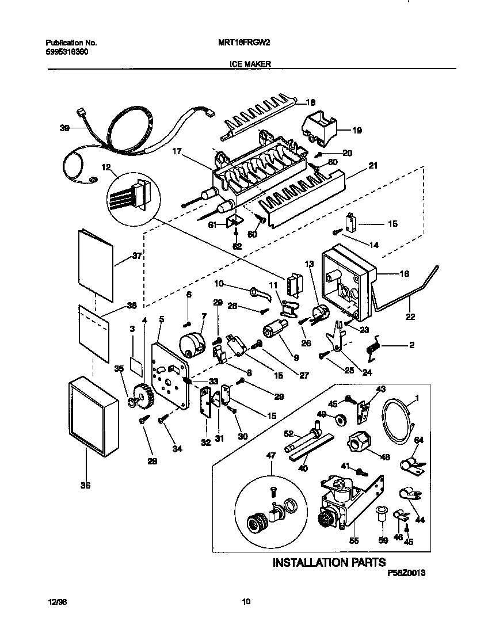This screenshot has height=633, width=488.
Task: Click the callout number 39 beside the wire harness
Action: (64, 129)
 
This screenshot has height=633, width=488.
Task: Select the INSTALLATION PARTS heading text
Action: (329, 562)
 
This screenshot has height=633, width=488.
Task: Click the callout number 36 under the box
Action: (86, 485)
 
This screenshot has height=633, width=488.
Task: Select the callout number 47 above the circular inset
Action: (270, 455)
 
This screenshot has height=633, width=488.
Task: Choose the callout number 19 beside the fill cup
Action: (357, 131)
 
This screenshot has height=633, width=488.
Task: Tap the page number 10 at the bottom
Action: (246, 602)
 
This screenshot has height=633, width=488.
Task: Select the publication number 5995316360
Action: (67, 51)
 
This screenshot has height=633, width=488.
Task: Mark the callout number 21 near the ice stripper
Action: (372, 166)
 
